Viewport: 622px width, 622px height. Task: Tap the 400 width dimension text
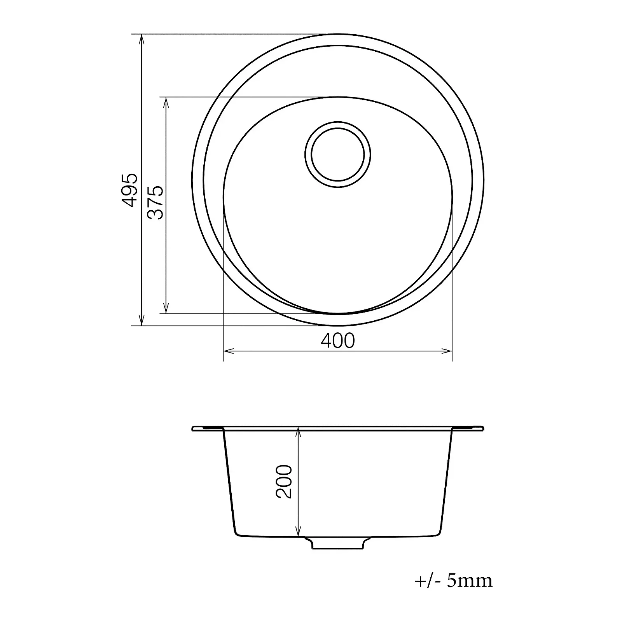click(x=338, y=341)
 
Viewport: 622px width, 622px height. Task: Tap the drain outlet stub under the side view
click(x=338, y=543)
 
